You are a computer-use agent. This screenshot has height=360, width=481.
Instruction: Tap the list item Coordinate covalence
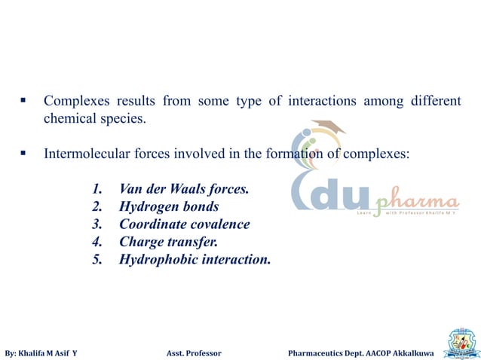click(x=184, y=224)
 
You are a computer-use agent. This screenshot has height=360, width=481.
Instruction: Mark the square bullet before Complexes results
click(x=24, y=101)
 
